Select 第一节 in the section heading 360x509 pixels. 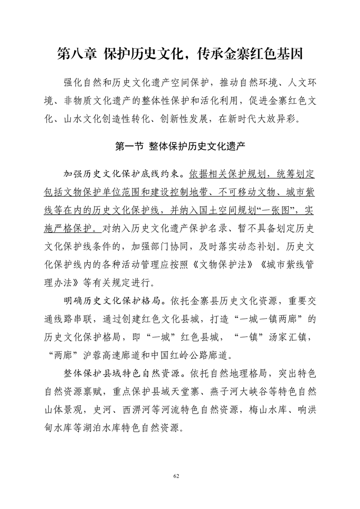pyautogui.click(x=129, y=146)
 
